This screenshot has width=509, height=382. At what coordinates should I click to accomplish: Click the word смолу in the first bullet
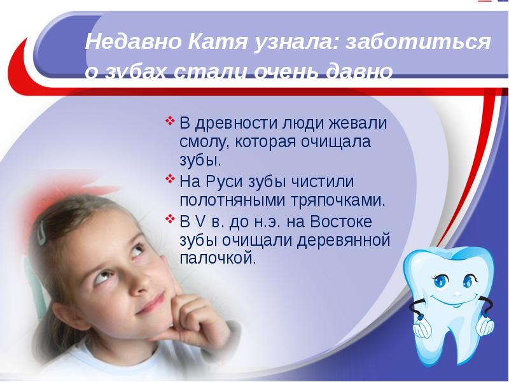201,139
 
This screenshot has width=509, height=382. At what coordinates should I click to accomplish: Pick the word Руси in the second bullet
225,181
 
